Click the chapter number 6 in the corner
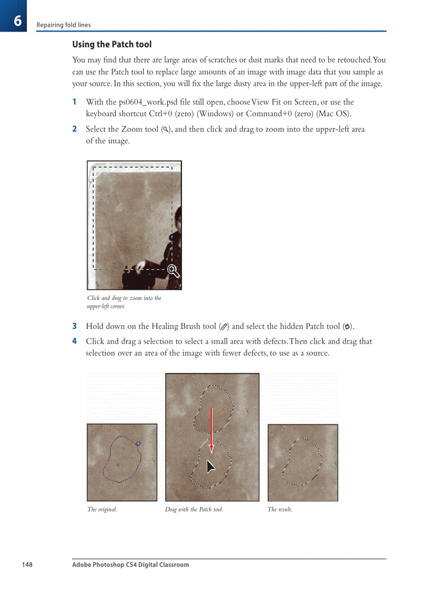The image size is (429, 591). (x=17, y=21)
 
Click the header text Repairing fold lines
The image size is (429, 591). (x=63, y=25)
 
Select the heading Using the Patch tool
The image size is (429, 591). (x=111, y=44)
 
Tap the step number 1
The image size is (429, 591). (x=75, y=102)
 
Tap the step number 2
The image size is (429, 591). (x=75, y=129)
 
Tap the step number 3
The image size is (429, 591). (x=75, y=326)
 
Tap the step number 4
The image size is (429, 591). (x=75, y=341)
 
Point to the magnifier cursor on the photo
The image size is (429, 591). (x=173, y=272)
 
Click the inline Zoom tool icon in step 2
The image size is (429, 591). (x=166, y=129)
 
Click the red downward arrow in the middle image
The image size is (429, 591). (x=211, y=429)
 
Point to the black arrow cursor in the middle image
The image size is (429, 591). (x=210, y=466)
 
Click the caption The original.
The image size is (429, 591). (x=102, y=509)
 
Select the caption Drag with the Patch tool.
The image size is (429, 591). (x=194, y=509)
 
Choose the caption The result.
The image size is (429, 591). (x=280, y=509)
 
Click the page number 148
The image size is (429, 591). (x=27, y=565)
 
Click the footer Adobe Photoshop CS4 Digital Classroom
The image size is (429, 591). (x=130, y=565)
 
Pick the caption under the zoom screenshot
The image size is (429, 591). (x=124, y=302)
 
